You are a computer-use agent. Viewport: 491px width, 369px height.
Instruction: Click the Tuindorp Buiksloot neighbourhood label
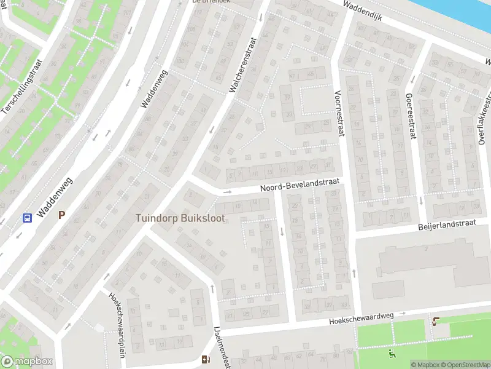pyautogui.click(x=179, y=218)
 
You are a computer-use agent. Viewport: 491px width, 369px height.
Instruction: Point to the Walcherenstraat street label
pyautogui.click(x=242, y=65)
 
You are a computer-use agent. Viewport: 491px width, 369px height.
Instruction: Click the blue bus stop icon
pyautogui.click(x=28, y=217)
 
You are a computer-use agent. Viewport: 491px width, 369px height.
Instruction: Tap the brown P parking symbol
pyautogui.click(x=61, y=215)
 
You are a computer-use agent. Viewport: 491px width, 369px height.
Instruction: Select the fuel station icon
pyautogui.click(x=204, y=360)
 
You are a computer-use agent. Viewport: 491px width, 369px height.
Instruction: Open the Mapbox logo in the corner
pyautogui.click(x=27, y=361)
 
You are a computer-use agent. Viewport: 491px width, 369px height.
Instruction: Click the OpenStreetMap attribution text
pyautogui.click(x=465, y=365)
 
